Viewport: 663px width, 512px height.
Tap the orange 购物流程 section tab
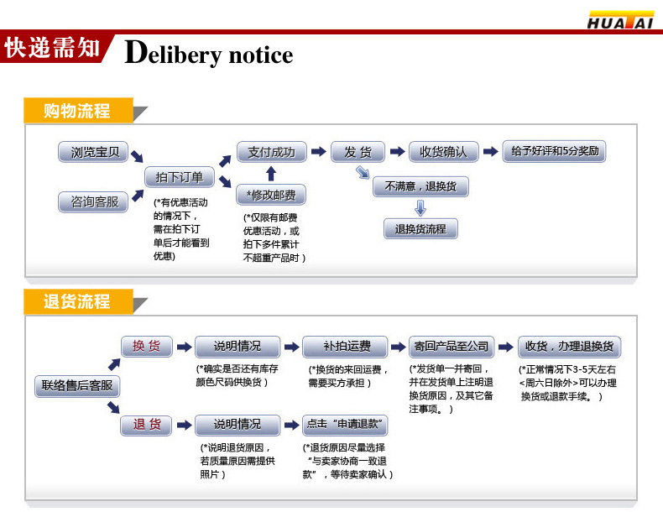[77, 111]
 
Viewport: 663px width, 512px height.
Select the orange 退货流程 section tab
[77, 301]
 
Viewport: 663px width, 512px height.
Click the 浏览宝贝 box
[94, 153]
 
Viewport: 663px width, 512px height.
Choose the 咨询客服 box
[94, 201]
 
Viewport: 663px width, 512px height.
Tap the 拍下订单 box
[180, 177]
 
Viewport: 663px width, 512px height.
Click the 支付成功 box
[270, 152]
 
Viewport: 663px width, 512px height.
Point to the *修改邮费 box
[270, 196]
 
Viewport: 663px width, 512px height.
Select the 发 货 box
[358, 152]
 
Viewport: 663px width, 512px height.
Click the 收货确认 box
[443, 152]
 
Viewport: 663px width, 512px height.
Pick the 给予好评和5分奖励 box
[554, 152]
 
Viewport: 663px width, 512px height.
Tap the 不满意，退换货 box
[420, 186]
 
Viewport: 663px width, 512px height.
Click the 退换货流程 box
[420, 228]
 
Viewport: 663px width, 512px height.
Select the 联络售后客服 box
[77, 386]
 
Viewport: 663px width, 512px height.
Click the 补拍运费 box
[346, 346]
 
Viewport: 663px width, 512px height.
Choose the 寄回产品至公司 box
[451, 346]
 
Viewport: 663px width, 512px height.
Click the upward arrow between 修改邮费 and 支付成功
[270, 174]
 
